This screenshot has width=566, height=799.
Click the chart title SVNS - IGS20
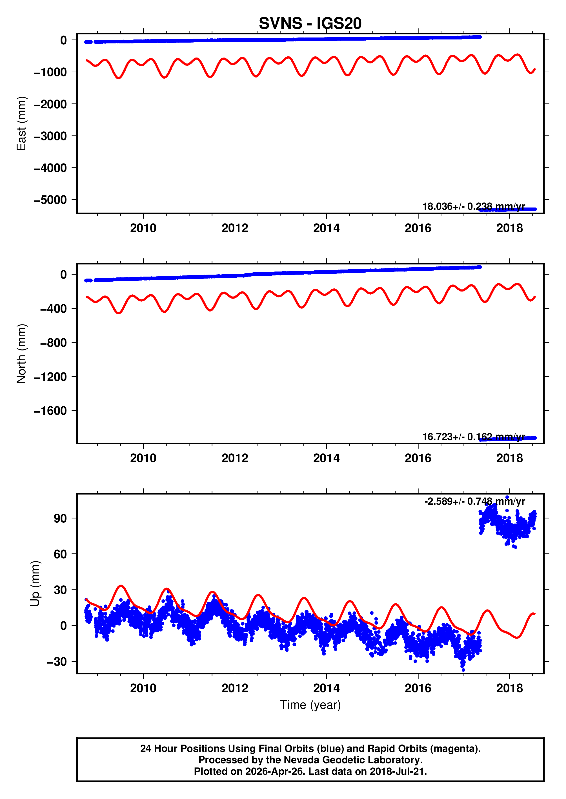[310, 23]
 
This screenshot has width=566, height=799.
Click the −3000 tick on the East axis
[50, 136]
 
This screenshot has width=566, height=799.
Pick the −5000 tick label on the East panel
[50, 200]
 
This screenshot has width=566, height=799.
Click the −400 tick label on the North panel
[53, 309]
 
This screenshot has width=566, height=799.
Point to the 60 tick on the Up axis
[60, 554]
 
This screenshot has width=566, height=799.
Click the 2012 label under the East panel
[235, 228]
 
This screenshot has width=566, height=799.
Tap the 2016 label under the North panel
[418, 458]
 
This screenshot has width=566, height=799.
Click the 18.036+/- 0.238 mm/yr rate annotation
[473, 206]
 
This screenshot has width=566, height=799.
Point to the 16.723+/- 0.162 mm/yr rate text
[473, 437]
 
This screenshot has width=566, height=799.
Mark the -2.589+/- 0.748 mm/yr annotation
[474, 501]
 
